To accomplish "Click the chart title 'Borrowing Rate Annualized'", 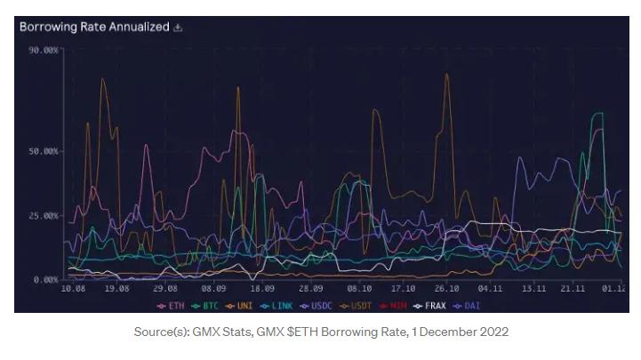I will point(94,27).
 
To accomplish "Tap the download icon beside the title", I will point(178,28).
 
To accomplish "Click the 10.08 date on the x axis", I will point(73,289).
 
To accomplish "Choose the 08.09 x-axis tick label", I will point(213,289).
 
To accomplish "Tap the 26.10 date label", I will point(446,289).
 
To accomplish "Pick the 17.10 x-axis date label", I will point(403,289).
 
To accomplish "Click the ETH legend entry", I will point(171,305).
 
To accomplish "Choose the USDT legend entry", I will point(357,305).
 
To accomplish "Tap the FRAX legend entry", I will point(431,305).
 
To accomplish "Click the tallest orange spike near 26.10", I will point(446,75).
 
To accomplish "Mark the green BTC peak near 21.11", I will point(597,114).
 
